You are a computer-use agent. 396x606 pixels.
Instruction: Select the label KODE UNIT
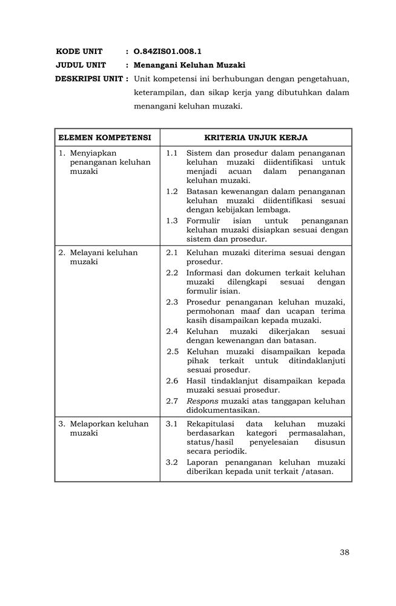click(79, 52)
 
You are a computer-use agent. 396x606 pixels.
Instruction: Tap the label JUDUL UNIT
click(81, 65)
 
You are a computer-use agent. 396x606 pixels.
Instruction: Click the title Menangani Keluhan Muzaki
click(190, 65)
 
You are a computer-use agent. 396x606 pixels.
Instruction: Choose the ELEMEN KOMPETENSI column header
click(104, 138)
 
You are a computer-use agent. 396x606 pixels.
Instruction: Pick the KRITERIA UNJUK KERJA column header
click(256, 138)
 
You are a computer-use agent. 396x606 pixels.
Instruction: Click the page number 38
click(345, 551)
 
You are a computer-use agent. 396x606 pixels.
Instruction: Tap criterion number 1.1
click(172, 153)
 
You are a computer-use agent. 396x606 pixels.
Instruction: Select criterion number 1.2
click(172, 191)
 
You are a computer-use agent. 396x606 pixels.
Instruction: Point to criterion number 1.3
click(172, 221)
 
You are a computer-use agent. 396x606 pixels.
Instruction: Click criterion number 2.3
click(172, 302)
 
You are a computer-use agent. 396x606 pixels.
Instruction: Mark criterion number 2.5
click(173, 351)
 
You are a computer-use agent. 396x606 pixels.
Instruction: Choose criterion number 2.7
click(172, 401)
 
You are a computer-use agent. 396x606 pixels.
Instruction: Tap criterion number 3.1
click(172, 424)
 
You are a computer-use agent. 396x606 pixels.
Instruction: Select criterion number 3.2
click(172, 462)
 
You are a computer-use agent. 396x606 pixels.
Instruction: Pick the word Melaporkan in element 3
click(93, 424)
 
